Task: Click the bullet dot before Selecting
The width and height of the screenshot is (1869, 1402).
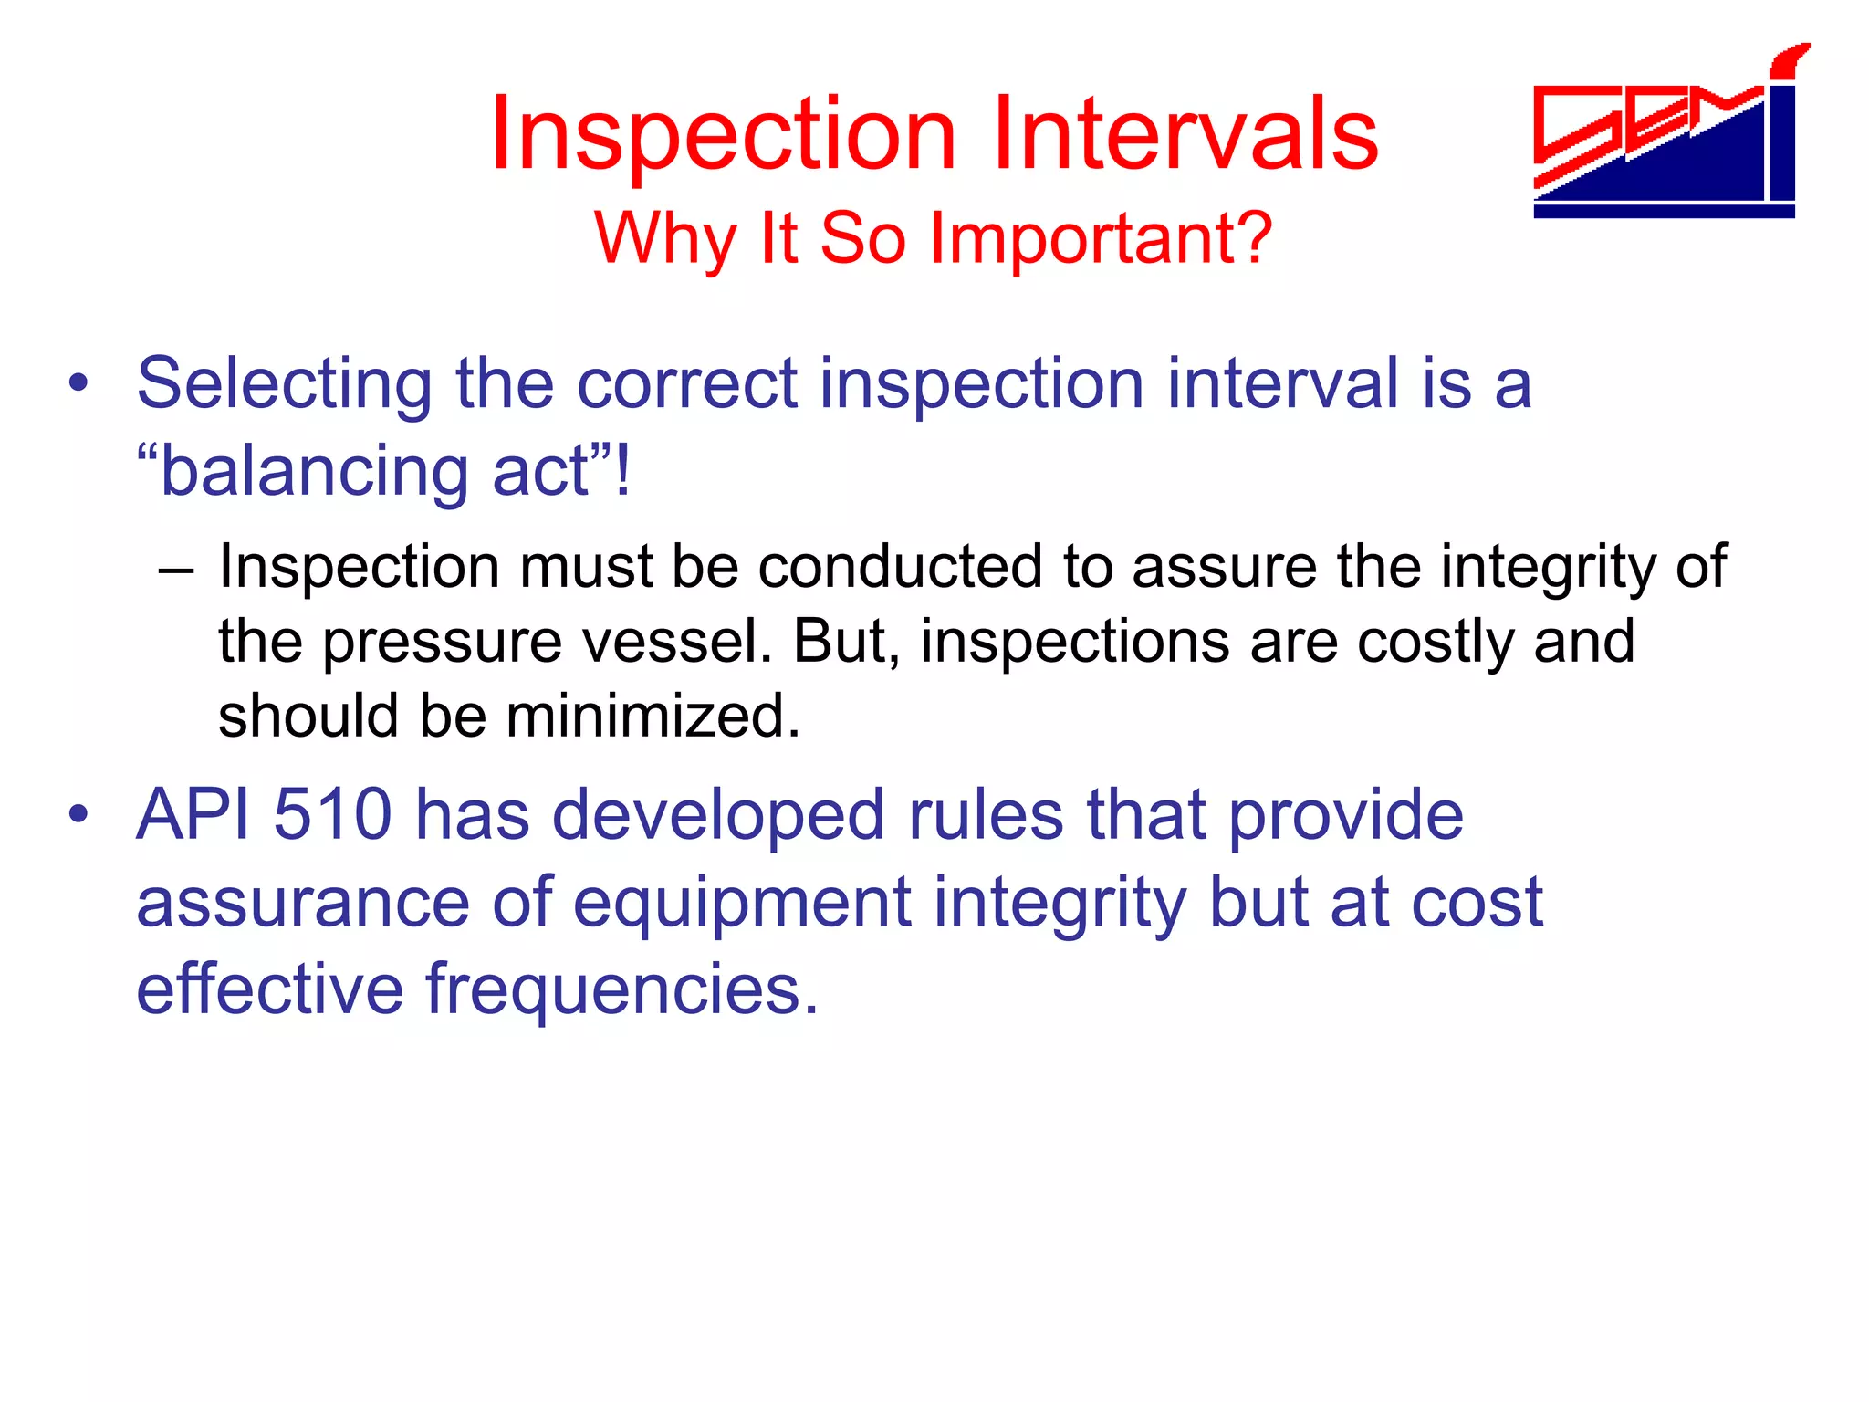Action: [x=79, y=384]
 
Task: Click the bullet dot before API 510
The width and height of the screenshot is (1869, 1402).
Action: [x=79, y=814]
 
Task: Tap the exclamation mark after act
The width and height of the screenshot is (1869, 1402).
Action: [x=622, y=472]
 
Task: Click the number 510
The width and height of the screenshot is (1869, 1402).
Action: [x=332, y=814]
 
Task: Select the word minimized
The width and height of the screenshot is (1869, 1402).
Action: [x=652, y=716]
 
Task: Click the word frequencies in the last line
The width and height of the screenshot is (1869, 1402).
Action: [x=621, y=989]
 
